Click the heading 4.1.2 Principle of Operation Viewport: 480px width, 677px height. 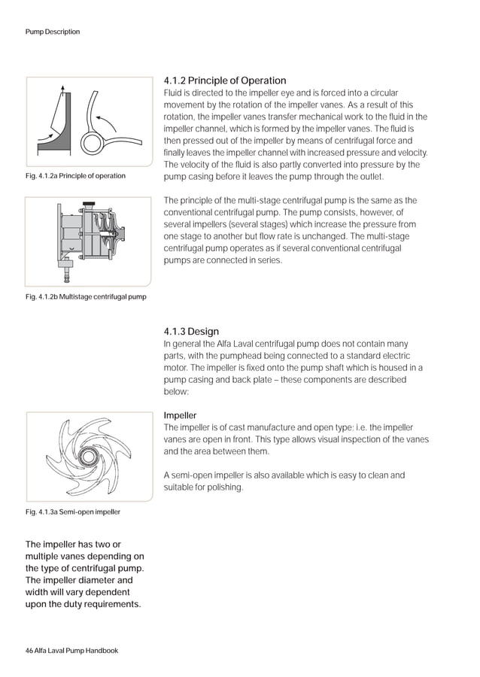(x=225, y=80)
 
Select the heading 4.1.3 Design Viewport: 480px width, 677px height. (x=191, y=332)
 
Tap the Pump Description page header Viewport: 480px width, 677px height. (x=53, y=32)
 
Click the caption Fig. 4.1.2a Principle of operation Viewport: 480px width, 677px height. (x=75, y=176)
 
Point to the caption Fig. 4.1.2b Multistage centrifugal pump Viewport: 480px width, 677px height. (x=86, y=296)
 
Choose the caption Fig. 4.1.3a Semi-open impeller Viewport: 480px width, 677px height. (x=73, y=512)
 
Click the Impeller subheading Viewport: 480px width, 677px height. (x=181, y=415)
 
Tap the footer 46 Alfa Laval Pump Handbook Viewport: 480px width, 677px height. (x=71, y=650)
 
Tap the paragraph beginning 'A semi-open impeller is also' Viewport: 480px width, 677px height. (x=284, y=481)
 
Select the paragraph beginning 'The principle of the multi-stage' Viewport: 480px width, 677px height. (x=290, y=230)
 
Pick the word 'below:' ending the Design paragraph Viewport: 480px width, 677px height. (x=178, y=392)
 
